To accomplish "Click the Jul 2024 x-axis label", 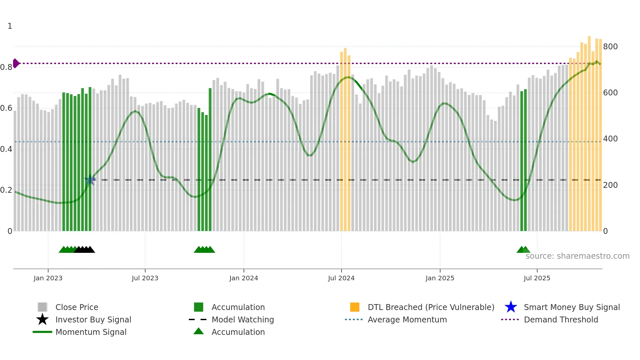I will (x=341, y=278).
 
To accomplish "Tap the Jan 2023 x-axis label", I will (x=48, y=278).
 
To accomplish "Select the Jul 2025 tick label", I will (x=537, y=278).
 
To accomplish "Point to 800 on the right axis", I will (x=610, y=47).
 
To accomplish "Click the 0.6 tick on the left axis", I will (x=6, y=108).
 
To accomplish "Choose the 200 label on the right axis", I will (x=610, y=185).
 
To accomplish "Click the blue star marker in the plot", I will (x=90, y=180).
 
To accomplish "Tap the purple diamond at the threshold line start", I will (x=16, y=63).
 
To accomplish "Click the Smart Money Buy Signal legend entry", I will (x=571, y=307).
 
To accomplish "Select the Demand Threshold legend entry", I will (x=561, y=320).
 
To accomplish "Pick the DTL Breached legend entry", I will (x=431, y=307).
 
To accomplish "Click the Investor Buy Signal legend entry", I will (x=93, y=320).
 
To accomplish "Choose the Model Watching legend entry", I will (x=243, y=320).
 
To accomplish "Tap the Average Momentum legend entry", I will (x=407, y=320).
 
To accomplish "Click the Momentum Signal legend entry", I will (x=91, y=332).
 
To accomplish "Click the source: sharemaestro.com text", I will (x=577, y=256).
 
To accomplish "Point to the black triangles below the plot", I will (x=85, y=250).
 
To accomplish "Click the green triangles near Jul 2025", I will (x=523, y=250).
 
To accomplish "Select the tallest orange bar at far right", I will (x=589, y=131).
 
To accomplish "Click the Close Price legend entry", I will (x=77, y=307).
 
